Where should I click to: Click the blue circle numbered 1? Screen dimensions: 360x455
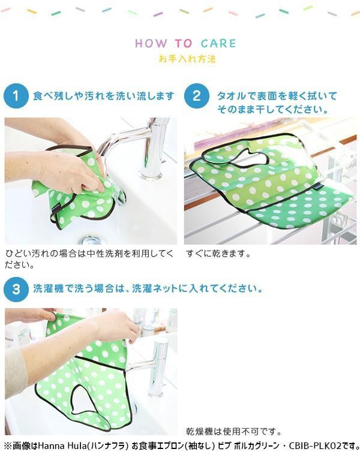pyautogui.click(x=16, y=96)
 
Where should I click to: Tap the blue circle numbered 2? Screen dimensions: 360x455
pyautogui.click(x=197, y=96)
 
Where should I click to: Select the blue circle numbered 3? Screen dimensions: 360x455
pyautogui.click(x=16, y=290)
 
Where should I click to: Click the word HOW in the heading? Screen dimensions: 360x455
pyautogui.click(x=151, y=44)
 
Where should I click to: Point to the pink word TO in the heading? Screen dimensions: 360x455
pyautogui.click(x=184, y=44)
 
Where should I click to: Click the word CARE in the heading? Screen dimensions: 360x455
pyautogui.click(x=218, y=44)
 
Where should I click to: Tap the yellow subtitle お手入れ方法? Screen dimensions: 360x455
pyautogui.click(x=187, y=59)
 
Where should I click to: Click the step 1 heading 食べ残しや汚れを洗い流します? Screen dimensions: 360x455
pyautogui.click(x=104, y=96)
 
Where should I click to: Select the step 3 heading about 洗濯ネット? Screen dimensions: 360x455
pyautogui.click(x=148, y=288)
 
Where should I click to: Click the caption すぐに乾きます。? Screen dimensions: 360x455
pyautogui.click(x=218, y=254)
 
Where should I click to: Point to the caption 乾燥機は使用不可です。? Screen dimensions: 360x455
pyautogui.click(x=234, y=432)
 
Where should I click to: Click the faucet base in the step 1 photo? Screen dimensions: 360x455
pyautogui.click(x=151, y=174)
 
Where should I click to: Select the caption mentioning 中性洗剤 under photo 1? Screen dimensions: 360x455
pyautogui.click(x=89, y=259)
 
